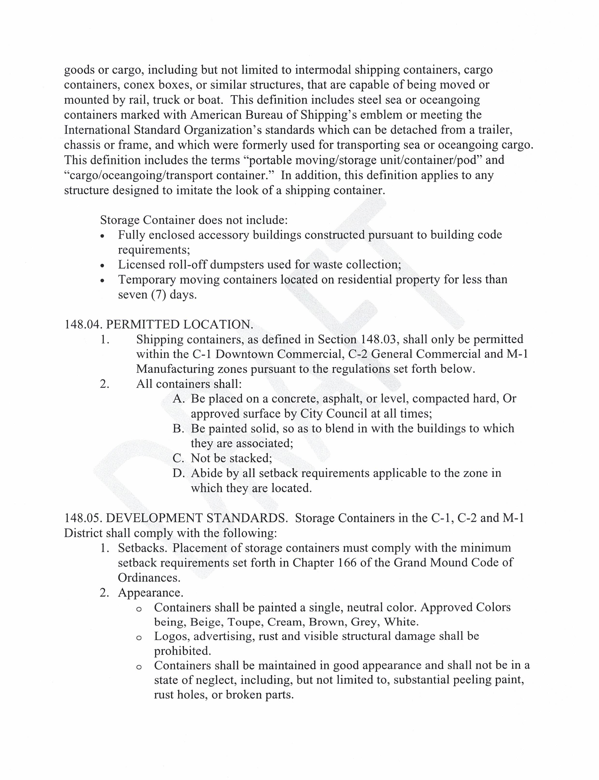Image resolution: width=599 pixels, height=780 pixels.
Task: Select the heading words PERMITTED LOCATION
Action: click(180, 324)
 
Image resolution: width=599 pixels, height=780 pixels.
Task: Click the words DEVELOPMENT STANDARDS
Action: click(197, 518)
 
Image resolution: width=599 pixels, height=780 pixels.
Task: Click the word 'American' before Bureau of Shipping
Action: click(217, 115)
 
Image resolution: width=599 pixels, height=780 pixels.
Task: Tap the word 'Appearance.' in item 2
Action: click(151, 593)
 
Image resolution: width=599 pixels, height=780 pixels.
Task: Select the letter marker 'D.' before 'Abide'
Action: click(178, 473)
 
